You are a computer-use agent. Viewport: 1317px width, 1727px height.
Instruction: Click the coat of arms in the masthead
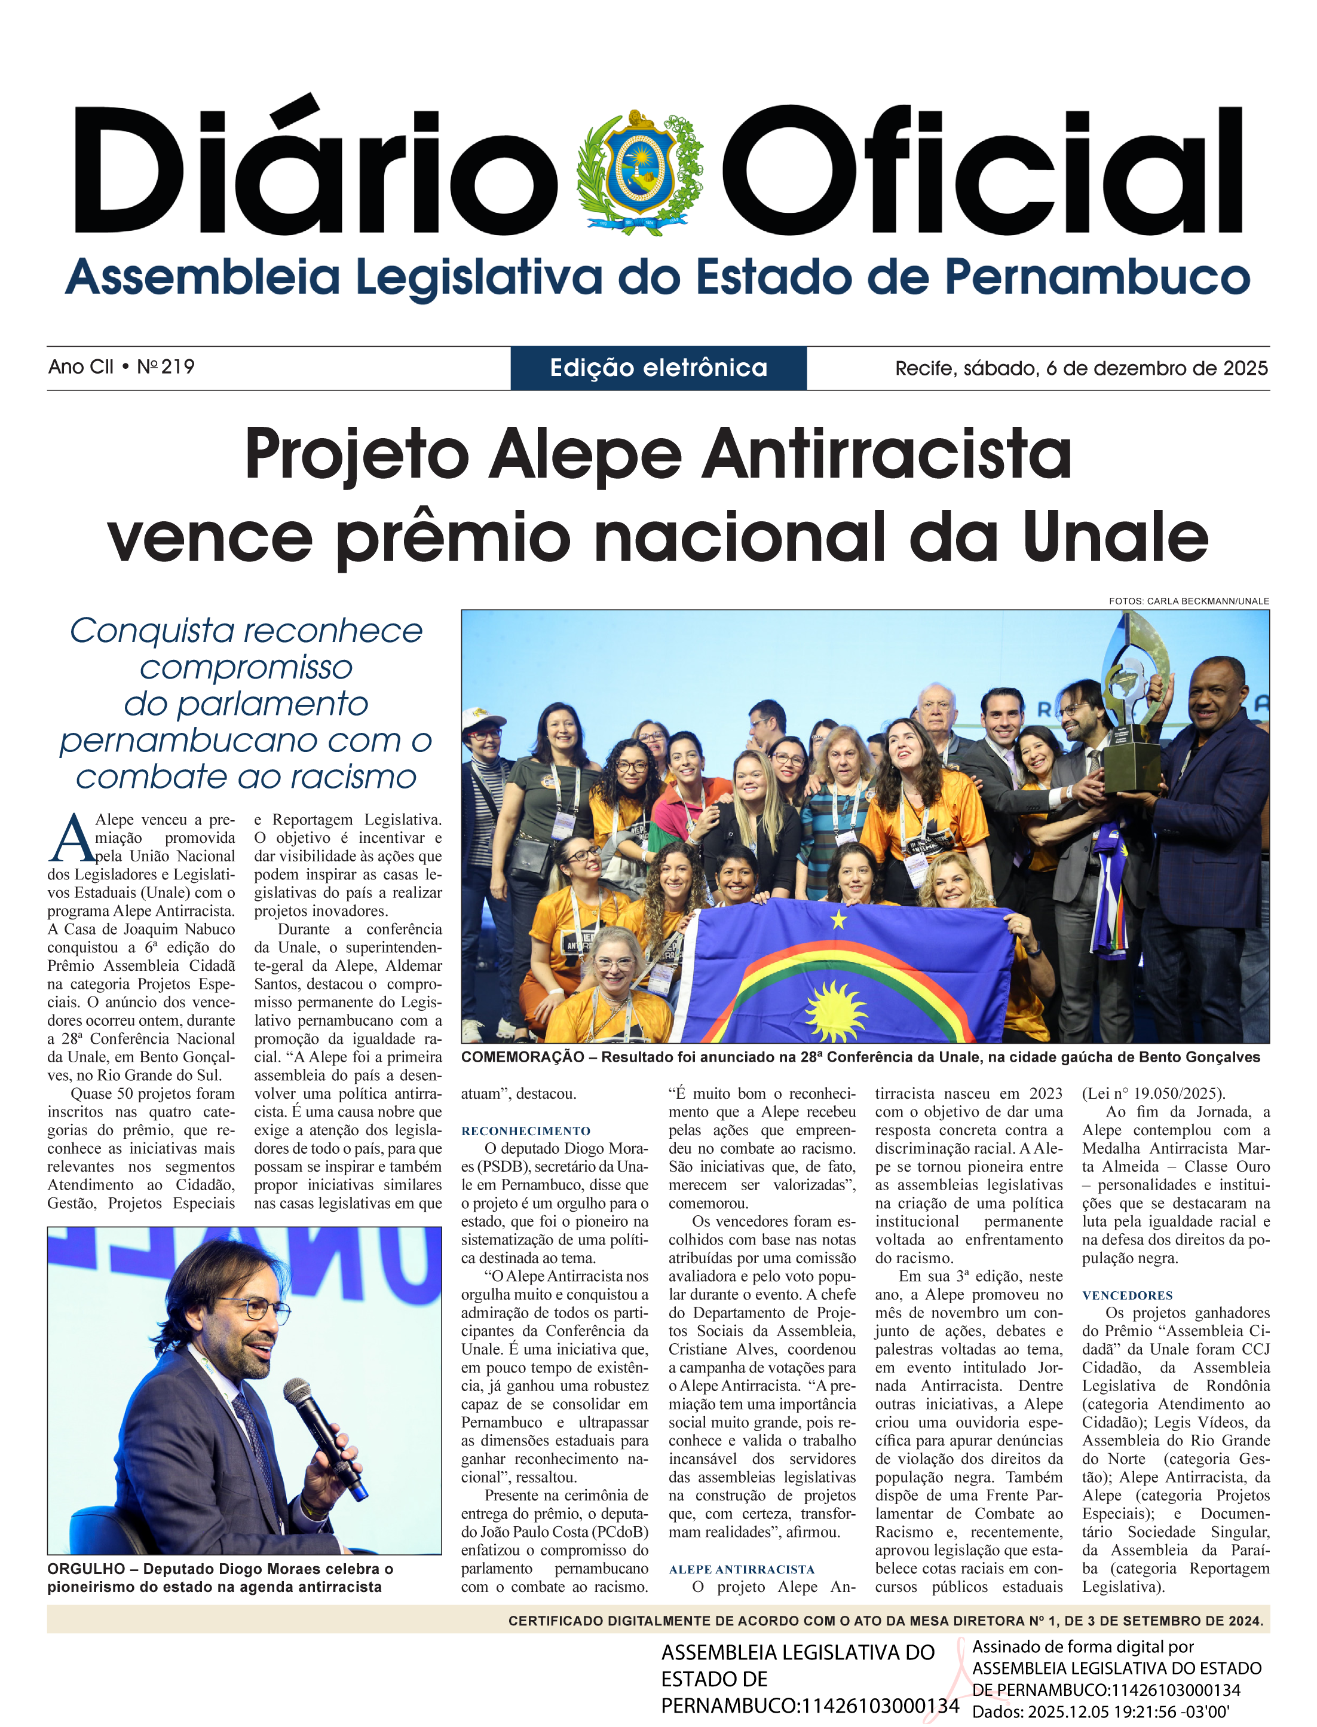pyautogui.click(x=639, y=172)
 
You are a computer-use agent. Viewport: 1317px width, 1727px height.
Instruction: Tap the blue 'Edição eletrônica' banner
pyautogui.click(x=658, y=368)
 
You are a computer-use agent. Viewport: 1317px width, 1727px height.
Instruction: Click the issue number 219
pyautogui.click(x=178, y=366)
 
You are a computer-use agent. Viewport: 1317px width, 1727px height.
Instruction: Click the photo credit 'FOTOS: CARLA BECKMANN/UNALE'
pyautogui.click(x=1189, y=601)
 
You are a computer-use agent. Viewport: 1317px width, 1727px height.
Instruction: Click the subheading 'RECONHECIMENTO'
pyautogui.click(x=525, y=1131)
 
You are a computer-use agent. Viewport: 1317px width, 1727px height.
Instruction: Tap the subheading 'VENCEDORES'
pyautogui.click(x=1128, y=1295)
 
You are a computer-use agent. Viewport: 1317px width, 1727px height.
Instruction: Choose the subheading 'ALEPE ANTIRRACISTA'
pyautogui.click(x=742, y=1569)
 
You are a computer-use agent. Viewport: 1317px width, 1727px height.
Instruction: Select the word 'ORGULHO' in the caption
pyautogui.click(x=86, y=1569)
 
